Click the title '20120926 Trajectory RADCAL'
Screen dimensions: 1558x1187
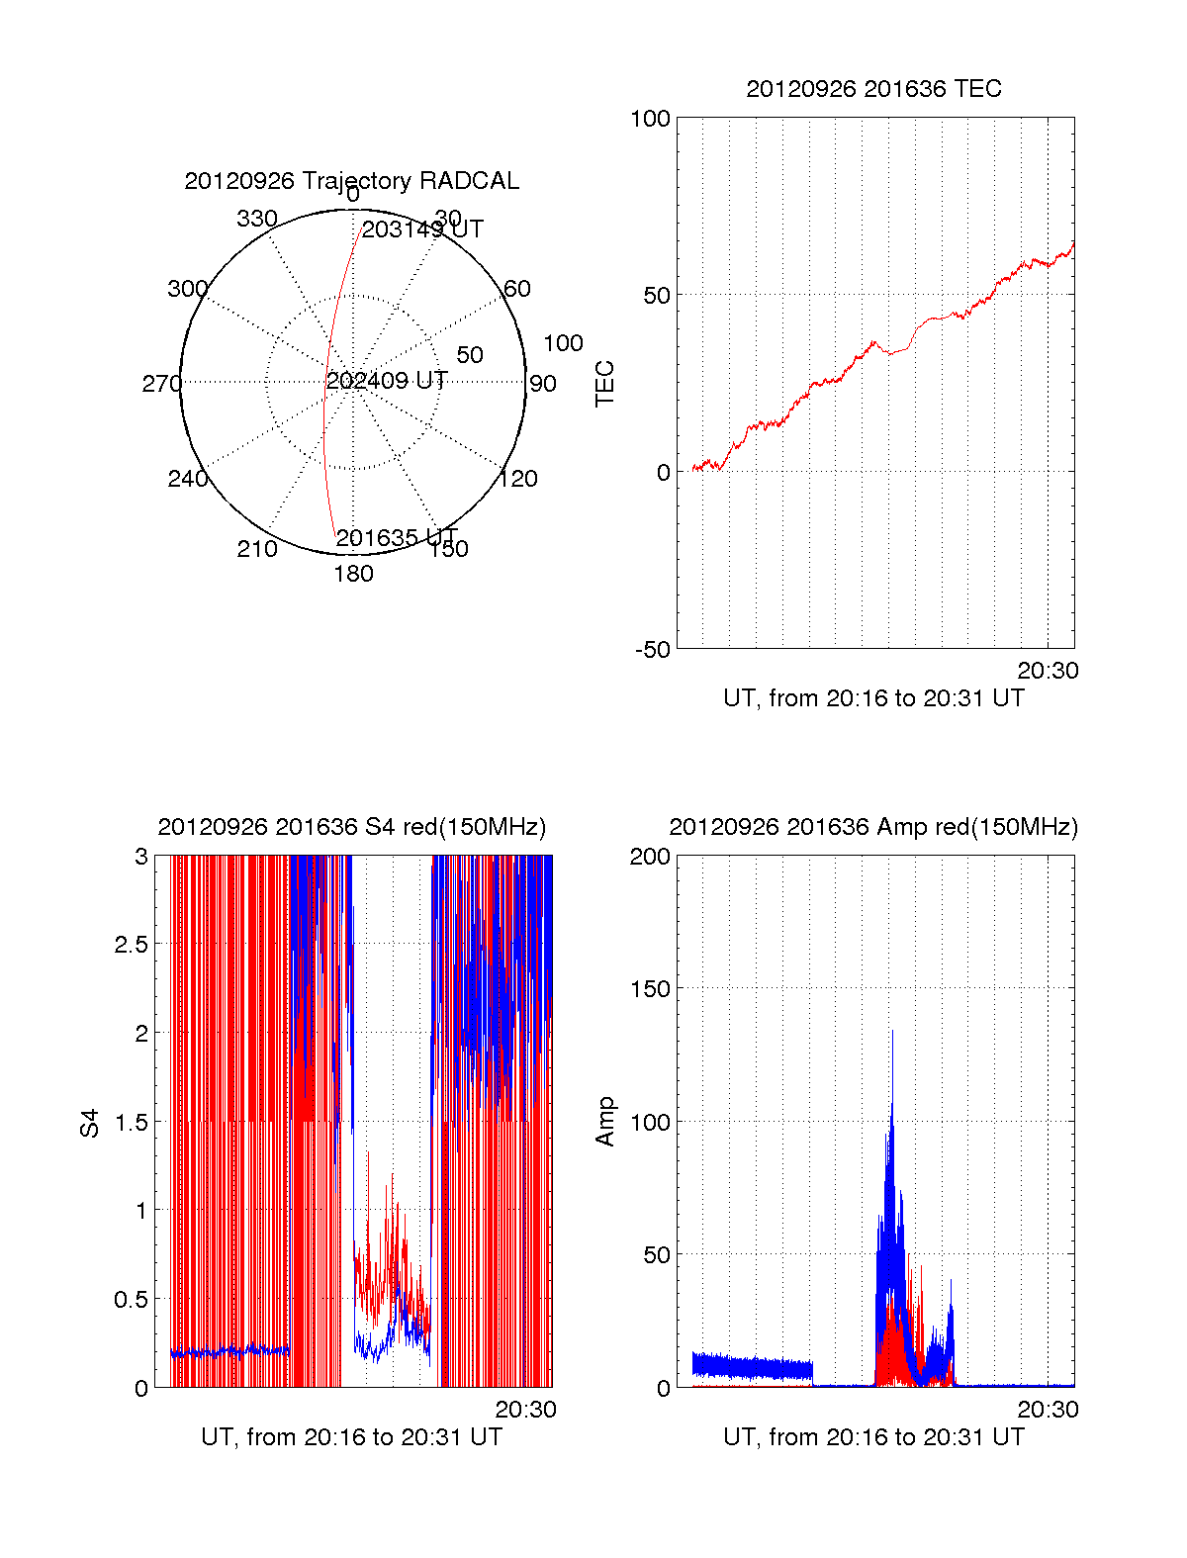pos(351,181)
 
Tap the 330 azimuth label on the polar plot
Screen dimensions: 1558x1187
pos(257,219)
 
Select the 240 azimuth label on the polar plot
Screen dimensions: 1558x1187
pos(187,479)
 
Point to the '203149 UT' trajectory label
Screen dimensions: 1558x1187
pos(422,229)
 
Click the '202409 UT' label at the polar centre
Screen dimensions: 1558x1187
pos(387,381)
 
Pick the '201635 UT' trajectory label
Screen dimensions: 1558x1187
pos(396,538)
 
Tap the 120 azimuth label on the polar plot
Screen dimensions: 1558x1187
pos(518,479)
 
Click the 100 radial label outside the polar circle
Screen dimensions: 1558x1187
pos(563,343)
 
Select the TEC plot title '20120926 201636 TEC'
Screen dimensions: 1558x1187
pos(873,89)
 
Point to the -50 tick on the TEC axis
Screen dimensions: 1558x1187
pos(653,650)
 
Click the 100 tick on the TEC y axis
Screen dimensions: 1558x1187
pos(650,119)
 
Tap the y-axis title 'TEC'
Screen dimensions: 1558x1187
pos(604,384)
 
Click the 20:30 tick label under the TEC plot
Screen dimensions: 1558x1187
pos(1048,671)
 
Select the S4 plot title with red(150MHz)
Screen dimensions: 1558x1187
pos(351,827)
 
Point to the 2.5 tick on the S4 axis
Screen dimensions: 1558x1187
pos(131,945)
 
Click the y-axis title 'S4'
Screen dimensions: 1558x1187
pos(90,1124)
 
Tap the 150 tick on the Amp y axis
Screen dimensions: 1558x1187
pos(650,989)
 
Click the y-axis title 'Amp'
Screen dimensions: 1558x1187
pos(604,1122)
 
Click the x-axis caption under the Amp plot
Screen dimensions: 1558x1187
pos(873,1437)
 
